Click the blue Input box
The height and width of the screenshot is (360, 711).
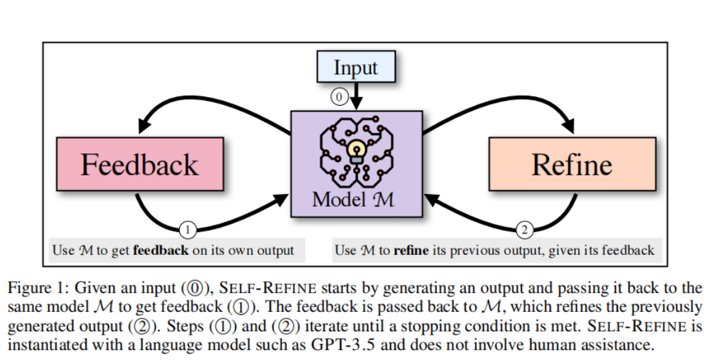point(356,68)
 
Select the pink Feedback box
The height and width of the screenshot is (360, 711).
point(140,165)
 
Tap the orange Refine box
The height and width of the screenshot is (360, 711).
point(572,165)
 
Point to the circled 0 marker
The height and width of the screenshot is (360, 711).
point(339,97)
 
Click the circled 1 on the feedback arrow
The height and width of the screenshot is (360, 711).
point(188,230)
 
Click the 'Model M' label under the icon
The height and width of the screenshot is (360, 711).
point(356,199)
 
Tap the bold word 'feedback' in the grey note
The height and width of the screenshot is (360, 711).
point(161,250)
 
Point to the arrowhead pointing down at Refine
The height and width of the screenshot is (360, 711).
point(569,126)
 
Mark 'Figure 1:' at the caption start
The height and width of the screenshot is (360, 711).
point(37,288)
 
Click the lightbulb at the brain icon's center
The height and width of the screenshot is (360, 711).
point(356,149)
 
